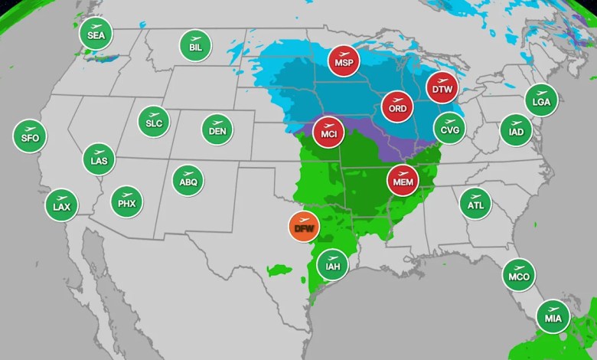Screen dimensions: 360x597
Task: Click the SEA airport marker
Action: point(96,34)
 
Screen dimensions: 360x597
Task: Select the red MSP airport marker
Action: point(344,61)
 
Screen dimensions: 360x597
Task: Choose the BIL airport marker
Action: point(195,45)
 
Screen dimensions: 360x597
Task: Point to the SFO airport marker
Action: point(30,136)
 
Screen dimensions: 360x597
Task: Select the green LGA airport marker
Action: point(541,100)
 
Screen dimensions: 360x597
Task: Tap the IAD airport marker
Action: point(516,129)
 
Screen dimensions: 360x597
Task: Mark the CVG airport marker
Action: point(449,127)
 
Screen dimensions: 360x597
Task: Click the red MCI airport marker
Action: point(329,132)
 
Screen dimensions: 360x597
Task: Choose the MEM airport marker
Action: point(403,181)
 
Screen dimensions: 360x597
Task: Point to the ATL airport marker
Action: point(475,203)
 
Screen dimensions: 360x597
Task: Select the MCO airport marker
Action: point(519,274)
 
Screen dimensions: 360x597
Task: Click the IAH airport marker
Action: point(332,264)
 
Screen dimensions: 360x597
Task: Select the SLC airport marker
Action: point(154,121)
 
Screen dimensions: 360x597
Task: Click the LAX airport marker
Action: point(61,205)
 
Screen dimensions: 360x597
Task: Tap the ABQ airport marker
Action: point(188,181)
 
